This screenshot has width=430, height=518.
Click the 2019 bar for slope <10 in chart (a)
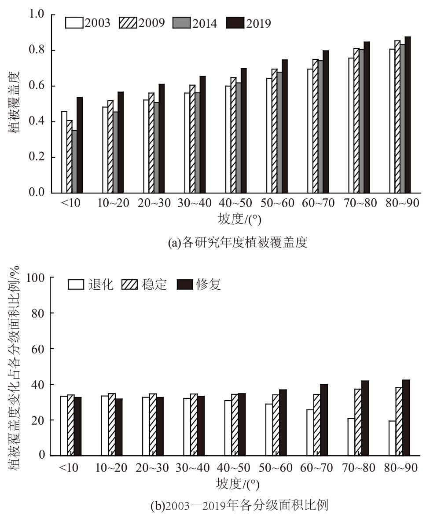point(80,145)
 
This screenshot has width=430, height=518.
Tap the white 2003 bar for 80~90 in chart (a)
point(392,121)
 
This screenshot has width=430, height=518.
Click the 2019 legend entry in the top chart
point(249,23)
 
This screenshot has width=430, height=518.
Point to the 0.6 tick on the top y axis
point(38,86)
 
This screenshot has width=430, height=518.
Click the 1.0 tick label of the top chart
point(38,15)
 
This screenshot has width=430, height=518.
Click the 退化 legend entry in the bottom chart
point(91,285)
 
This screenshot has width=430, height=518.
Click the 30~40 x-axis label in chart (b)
point(193,467)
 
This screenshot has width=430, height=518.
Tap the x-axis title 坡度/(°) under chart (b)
point(237,485)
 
